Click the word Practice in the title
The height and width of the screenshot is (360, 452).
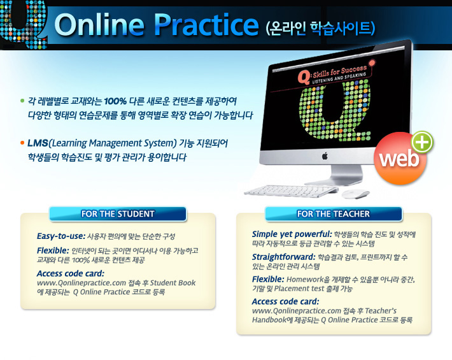pos(206,24)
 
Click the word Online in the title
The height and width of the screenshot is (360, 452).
pos(99,24)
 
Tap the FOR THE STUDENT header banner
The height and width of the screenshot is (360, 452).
pos(118,213)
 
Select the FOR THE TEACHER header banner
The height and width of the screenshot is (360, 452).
pos(333,213)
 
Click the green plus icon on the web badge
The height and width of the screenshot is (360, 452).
pos(422,142)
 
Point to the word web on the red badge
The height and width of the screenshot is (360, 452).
pos(399,159)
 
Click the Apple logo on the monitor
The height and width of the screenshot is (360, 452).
pos(325,156)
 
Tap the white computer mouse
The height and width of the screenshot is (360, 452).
pos(355,194)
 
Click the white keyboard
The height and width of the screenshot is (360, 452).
pos(291,191)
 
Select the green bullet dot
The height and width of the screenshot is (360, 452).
pos(22,101)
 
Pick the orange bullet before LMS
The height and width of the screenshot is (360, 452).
pos(22,143)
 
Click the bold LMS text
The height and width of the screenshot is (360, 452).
pos(38,143)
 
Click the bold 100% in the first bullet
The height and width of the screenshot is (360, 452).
pos(115,101)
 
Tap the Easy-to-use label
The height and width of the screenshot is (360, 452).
pos(61,236)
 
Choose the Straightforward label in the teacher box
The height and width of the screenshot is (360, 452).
pos(284,257)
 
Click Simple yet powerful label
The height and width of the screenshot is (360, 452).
pos(292,234)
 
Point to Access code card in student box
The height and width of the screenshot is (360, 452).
pos(71,273)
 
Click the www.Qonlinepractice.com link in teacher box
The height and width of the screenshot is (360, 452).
pos(297,311)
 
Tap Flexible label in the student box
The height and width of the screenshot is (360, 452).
pos(53,250)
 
